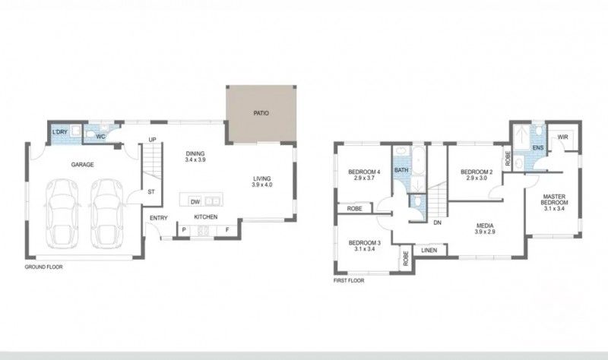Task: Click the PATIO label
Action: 261,113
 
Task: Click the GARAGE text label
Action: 82,165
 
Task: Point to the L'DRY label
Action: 60,133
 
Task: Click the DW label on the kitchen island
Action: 195,202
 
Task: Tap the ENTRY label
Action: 159,219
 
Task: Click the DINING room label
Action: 196,156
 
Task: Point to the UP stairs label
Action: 152,140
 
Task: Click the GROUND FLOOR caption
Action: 43,267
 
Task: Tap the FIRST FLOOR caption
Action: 349,280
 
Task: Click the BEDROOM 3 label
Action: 363,245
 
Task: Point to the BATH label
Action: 401,170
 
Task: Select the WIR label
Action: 562,137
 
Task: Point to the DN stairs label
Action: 437,223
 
